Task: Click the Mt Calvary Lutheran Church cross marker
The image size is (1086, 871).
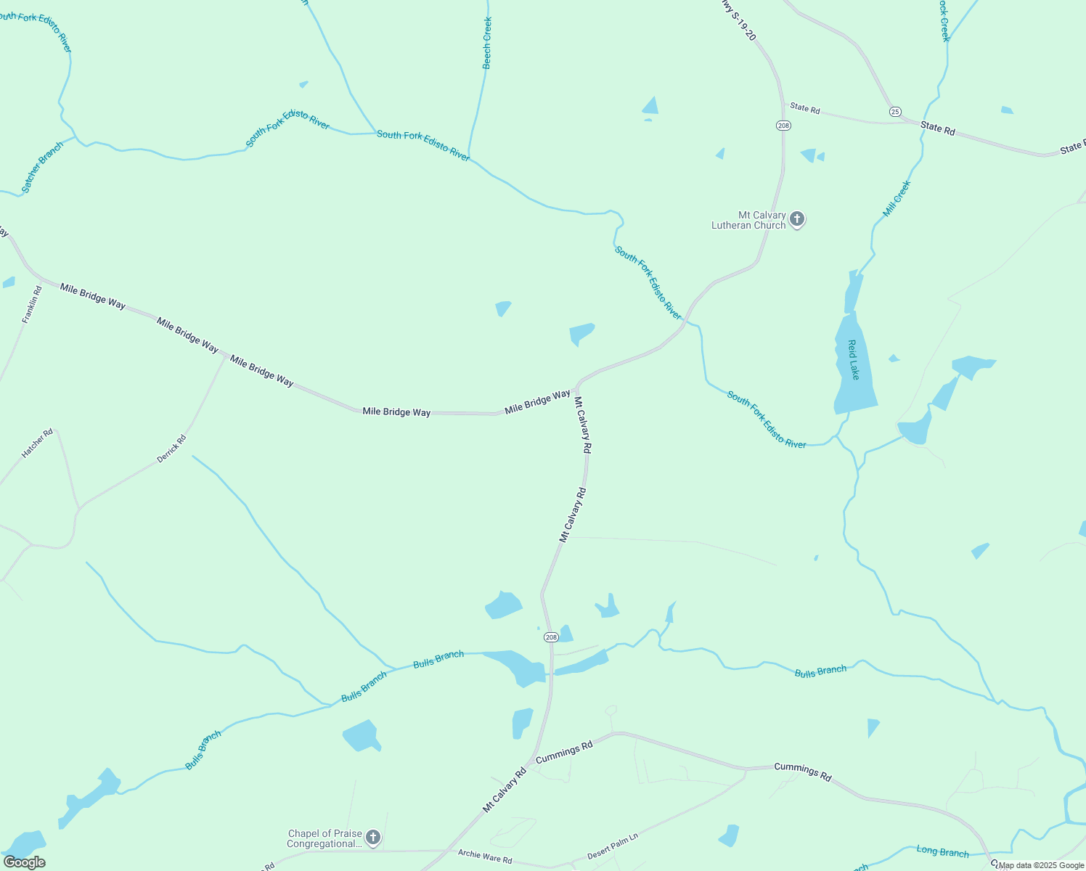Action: pos(797,219)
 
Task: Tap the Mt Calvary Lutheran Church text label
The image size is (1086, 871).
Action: pos(748,220)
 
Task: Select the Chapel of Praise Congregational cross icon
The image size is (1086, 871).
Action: pos(372,838)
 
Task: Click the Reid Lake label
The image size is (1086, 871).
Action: pos(854,359)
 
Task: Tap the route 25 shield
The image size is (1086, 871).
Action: pos(895,111)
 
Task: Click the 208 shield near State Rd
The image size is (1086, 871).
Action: pos(783,126)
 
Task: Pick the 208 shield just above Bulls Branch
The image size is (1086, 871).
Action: pos(551,637)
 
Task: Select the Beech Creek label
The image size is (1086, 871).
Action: pos(487,43)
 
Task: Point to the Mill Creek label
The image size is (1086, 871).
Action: pos(897,198)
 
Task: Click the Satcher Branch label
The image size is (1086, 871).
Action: pos(42,167)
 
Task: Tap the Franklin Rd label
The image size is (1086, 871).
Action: pos(32,304)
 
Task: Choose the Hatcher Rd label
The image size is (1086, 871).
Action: pos(37,443)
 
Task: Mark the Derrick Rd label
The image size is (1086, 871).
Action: pos(172,449)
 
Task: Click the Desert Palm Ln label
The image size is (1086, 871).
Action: pos(613,846)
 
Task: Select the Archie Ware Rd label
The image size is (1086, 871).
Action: pos(485,856)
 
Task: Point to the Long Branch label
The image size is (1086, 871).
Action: pos(942,851)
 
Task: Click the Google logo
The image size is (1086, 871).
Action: pos(25,862)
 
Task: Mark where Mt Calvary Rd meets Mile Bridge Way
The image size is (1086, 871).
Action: pos(577,388)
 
